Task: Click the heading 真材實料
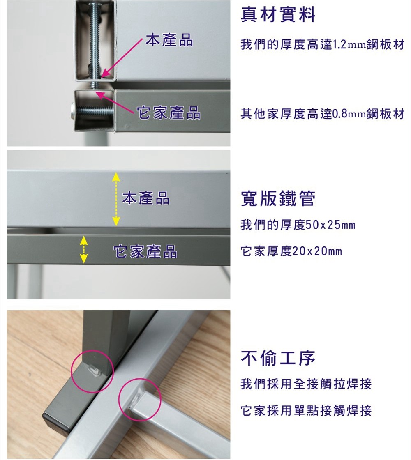(x=278, y=15)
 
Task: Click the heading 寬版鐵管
(x=278, y=199)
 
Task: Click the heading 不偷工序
(x=278, y=358)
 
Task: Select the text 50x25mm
(x=330, y=225)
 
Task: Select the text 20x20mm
(x=317, y=251)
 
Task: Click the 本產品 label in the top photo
(x=169, y=40)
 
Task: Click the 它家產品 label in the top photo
(x=169, y=113)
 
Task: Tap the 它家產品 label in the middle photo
(x=145, y=252)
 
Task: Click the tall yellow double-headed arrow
(x=116, y=199)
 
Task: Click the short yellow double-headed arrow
(x=84, y=249)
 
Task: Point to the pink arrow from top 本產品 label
(x=123, y=58)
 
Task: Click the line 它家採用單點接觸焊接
(x=306, y=411)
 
